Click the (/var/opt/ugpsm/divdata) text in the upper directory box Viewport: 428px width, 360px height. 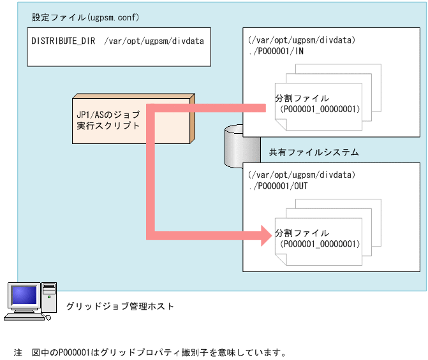[x=301, y=40]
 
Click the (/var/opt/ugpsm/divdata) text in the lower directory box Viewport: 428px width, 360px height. [x=301, y=175]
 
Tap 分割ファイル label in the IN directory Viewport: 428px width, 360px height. [x=302, y=99]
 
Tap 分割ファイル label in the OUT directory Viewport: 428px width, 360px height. [x=302, y=233]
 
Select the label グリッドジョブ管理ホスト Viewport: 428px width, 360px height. [x=120, y=306]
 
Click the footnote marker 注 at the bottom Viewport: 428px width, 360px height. [x=18, y=352]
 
